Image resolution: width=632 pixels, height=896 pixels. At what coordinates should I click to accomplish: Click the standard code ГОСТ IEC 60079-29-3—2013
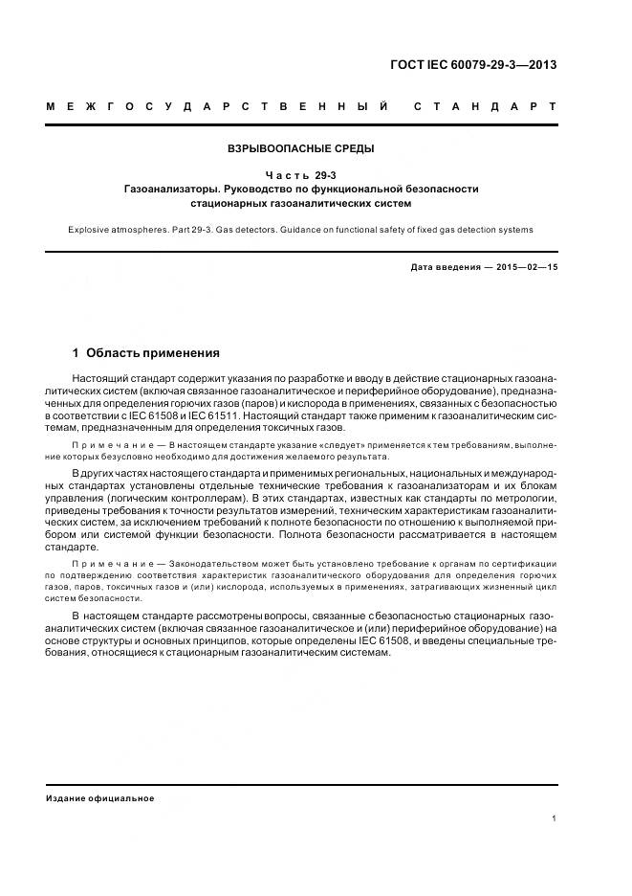473,65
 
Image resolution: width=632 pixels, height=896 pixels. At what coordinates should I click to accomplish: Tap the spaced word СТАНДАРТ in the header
485,105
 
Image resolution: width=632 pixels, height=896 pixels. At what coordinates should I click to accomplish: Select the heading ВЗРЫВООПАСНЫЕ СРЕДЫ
300,148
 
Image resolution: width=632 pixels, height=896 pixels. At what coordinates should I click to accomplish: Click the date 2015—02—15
525,267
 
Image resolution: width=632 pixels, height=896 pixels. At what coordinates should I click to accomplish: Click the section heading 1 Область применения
146,352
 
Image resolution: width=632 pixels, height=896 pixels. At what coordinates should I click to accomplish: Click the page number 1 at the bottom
555,818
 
